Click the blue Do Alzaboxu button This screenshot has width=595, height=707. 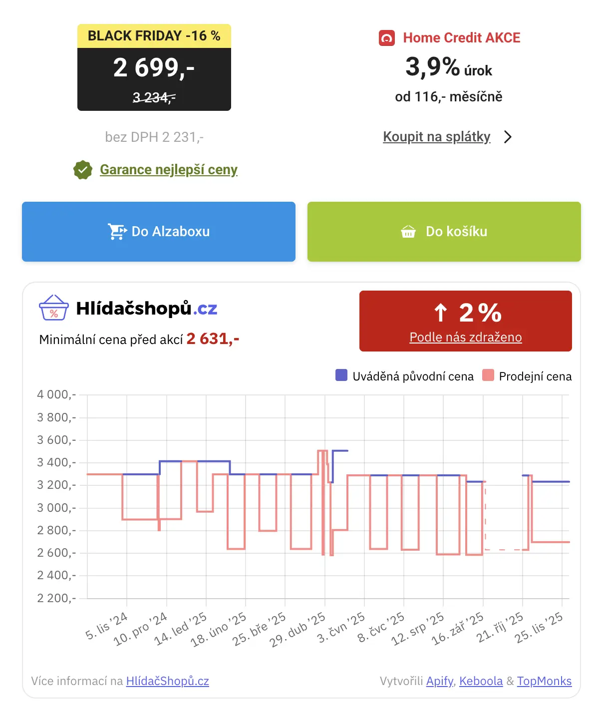point(159,231)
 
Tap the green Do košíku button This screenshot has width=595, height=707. point(444,231)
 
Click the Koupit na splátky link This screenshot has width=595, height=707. point(437,136)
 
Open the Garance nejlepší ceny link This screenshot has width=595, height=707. point(169,170)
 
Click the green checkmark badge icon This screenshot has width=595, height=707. point(83,170)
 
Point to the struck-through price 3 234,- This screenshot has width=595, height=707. point(154,97)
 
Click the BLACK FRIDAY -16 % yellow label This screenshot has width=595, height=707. point(154,36)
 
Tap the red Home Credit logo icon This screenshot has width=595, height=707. point(387,38)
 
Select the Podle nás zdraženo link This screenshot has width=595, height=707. point(465,337)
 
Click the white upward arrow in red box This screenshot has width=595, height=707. point(440,313)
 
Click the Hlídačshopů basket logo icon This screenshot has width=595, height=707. point(53,308)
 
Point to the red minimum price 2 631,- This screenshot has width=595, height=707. point(213,339)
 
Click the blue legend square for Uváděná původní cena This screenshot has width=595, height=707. point(341,375)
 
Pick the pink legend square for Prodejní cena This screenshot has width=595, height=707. point(488,375)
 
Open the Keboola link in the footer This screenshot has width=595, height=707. point(481,681)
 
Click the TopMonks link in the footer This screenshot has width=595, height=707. point(544,681)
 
